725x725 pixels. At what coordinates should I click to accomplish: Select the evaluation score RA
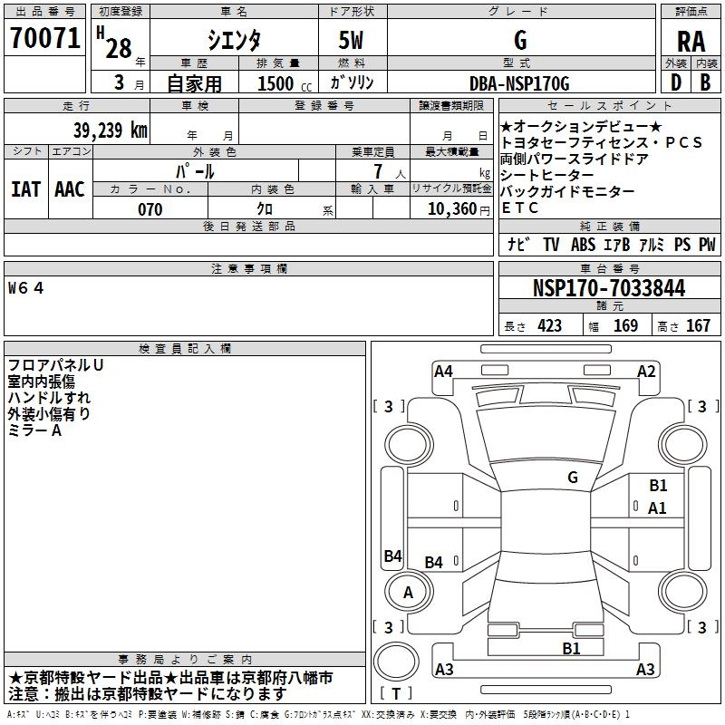691,41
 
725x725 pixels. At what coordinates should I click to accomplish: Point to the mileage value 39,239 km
109,130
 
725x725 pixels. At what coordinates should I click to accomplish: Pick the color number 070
150,209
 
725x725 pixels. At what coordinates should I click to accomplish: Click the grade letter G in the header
520,41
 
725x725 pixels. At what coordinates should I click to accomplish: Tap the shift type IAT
25,189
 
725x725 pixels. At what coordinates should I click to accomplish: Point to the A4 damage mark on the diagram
443,371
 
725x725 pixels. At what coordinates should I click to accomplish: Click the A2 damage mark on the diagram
646,371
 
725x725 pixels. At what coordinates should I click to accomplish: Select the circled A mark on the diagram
408,592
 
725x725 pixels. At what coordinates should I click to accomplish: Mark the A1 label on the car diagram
657,508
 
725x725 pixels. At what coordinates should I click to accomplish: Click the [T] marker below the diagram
396,694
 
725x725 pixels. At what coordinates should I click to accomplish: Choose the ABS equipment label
583,245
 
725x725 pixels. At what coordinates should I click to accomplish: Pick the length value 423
549,325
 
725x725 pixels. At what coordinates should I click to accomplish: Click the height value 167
698,325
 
